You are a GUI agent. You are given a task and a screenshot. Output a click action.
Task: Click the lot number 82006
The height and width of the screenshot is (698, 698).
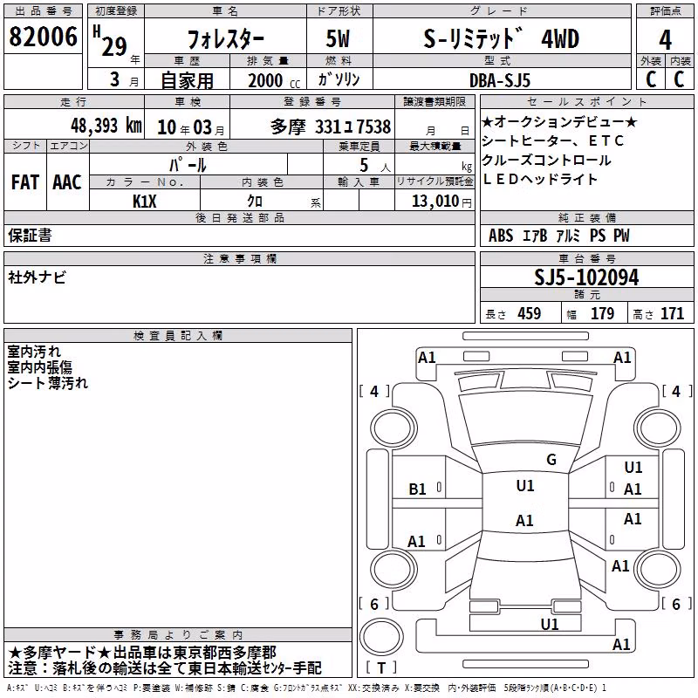[43, 37]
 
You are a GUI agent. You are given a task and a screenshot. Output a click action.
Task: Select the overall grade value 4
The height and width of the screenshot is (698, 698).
[665, 40]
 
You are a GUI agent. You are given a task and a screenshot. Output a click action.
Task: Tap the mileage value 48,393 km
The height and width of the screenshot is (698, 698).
[106, 126]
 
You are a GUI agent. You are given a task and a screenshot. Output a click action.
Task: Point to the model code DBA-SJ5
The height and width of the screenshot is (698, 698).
[500, 80]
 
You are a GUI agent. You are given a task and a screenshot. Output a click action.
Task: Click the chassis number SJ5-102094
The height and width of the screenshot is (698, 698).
[586, 277]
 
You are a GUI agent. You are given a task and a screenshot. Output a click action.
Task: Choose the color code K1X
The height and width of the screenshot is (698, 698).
[145, 202]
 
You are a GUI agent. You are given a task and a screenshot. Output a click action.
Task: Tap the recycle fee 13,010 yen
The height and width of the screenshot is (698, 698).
[441, 202]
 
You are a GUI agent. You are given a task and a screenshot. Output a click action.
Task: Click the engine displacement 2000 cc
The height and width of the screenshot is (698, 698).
[274, 81]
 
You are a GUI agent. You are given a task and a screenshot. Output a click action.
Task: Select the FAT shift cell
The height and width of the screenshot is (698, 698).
[25, 182]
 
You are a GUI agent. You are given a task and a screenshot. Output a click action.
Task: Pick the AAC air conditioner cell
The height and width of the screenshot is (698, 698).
[67, 182]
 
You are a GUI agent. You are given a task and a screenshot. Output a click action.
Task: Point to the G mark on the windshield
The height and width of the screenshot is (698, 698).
[551, 460]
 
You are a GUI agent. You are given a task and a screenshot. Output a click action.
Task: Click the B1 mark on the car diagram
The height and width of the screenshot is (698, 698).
[417, 489]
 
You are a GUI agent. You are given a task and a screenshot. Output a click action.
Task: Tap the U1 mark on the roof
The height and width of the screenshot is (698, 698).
[525, 485]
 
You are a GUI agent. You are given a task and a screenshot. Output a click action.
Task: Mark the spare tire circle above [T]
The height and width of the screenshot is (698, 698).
[381, 637]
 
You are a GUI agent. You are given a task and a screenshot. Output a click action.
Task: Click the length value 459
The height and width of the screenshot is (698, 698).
[529, 314]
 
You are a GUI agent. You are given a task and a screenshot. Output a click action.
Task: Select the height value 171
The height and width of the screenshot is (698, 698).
[672, 314]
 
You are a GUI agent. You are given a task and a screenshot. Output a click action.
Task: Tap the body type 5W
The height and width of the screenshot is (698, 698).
[338, 38]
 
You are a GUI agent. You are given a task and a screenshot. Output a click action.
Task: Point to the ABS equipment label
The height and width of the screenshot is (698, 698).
[501, 236]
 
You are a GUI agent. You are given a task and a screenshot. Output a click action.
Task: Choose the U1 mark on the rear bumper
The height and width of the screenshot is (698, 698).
[550, 624]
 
